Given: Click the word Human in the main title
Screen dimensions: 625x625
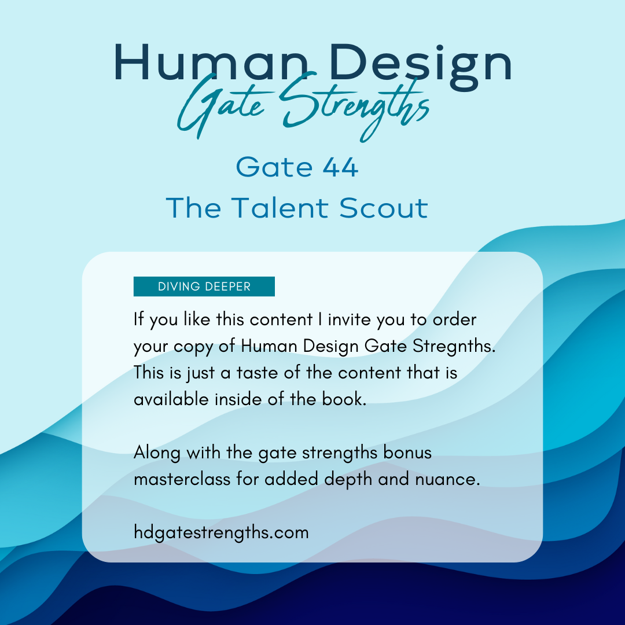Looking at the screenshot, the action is click(x=212, y=62).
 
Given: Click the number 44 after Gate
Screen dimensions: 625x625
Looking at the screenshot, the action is click(x=340, y=167).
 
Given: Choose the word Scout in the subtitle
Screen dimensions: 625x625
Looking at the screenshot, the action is click(x=384, y=208).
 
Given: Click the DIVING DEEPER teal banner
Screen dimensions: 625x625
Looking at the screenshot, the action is click(x=204, y=286).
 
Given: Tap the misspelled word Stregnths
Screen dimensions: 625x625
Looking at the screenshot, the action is click(x=454, y=346).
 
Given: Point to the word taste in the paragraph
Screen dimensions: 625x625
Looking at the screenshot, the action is click(x=257, y=373).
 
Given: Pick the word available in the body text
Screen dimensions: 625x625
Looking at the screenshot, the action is click(x=171, y=399).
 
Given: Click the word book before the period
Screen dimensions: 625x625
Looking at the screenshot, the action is click(x=341, y=399).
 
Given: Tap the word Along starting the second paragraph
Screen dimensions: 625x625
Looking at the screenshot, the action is click(x=157, y=453).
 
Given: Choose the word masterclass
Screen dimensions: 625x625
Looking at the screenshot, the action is click(x=182, y=479).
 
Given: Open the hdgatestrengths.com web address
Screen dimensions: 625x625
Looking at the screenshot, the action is click(x=221, y=533).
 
